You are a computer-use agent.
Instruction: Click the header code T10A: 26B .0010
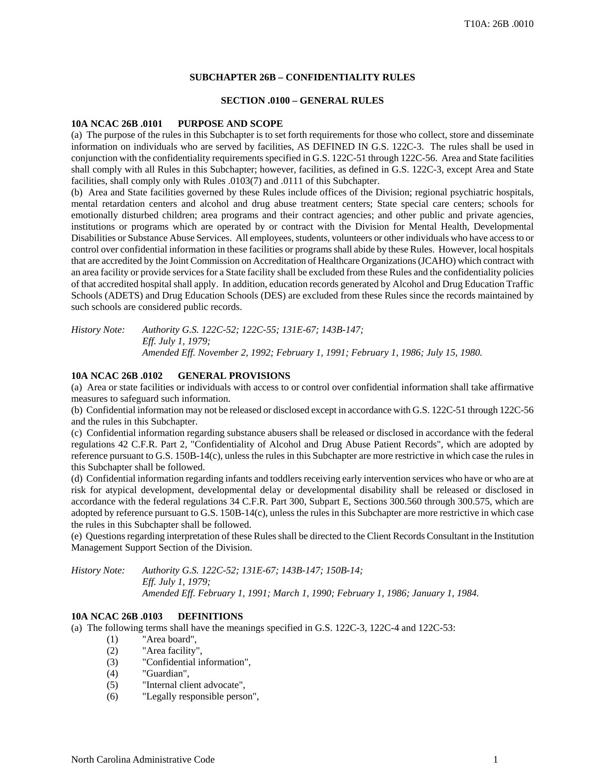499,24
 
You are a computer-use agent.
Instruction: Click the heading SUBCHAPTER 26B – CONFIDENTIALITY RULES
302,77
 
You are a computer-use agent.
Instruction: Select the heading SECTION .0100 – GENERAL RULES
302,101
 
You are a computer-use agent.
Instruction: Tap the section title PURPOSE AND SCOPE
230,124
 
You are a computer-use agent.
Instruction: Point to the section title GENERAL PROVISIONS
234,376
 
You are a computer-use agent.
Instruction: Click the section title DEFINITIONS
210,617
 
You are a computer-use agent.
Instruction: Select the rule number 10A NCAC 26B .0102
117,376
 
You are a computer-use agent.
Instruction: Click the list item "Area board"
169,639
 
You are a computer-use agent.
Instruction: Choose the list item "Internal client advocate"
193,685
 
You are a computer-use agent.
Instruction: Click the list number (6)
112,697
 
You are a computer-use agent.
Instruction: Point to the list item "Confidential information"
196,662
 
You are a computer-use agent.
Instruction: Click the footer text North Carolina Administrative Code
143,760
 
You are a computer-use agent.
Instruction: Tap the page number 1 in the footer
495,760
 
